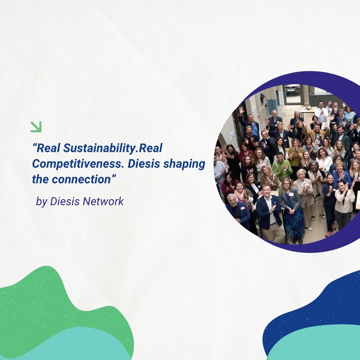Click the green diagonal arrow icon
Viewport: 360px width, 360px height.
[36, 127]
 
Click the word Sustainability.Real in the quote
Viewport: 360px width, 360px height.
[113, 148]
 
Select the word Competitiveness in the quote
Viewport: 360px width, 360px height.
[78, 164]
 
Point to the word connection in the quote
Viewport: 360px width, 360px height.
[81, 179]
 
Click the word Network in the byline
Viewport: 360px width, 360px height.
[103, 201]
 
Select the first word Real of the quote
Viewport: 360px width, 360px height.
[48, 148]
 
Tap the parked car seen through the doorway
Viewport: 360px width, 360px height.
[292, 88]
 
